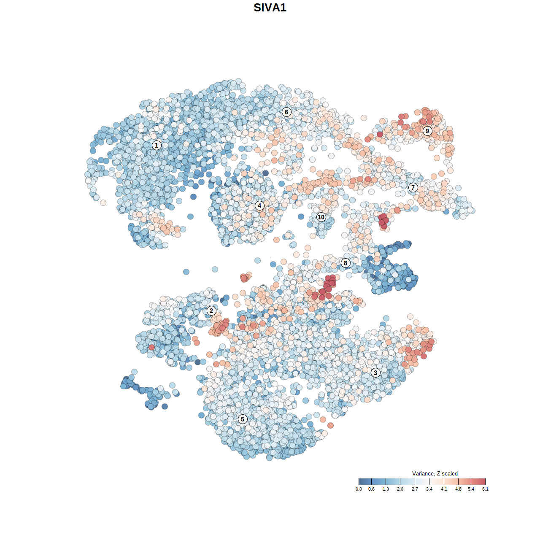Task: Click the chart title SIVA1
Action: point(270,8)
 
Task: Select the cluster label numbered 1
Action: point(157,145)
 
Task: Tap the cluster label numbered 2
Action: point(211,311)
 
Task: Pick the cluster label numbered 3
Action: point(375,373)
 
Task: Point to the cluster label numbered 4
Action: point(259,205)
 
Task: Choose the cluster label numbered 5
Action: point(243,419)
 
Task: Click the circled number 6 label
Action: point(286,112)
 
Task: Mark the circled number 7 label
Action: point(413,188)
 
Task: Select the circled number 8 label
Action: point(346,263)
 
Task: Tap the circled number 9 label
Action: point(427,131)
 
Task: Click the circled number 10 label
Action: point(321,217)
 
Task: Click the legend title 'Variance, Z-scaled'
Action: point(435,473)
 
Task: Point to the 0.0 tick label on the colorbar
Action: point(359,489)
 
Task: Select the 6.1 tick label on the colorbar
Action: point(485,489)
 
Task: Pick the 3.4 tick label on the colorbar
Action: point(429,489)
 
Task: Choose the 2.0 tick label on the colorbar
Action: point(400,489)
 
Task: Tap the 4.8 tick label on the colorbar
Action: point(458,489)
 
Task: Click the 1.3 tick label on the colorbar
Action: point(386,489)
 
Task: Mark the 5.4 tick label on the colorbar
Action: point(471,489)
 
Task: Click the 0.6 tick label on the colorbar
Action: point(371,489)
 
